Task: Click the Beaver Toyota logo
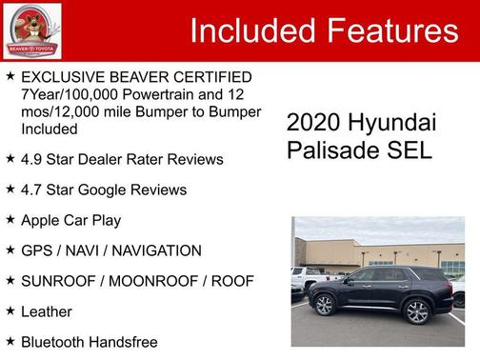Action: (32, 30)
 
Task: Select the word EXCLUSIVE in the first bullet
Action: (64, 77)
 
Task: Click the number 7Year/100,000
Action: (69, 94)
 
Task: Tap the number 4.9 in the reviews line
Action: (31, 159)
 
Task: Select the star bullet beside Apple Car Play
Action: (10, 220)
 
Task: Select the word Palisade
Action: (330, 150)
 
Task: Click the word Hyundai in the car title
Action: (392, 123)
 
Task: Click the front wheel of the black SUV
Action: (324, 306)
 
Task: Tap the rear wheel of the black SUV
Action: (416, 311)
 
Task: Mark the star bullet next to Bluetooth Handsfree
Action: (10, 341)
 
